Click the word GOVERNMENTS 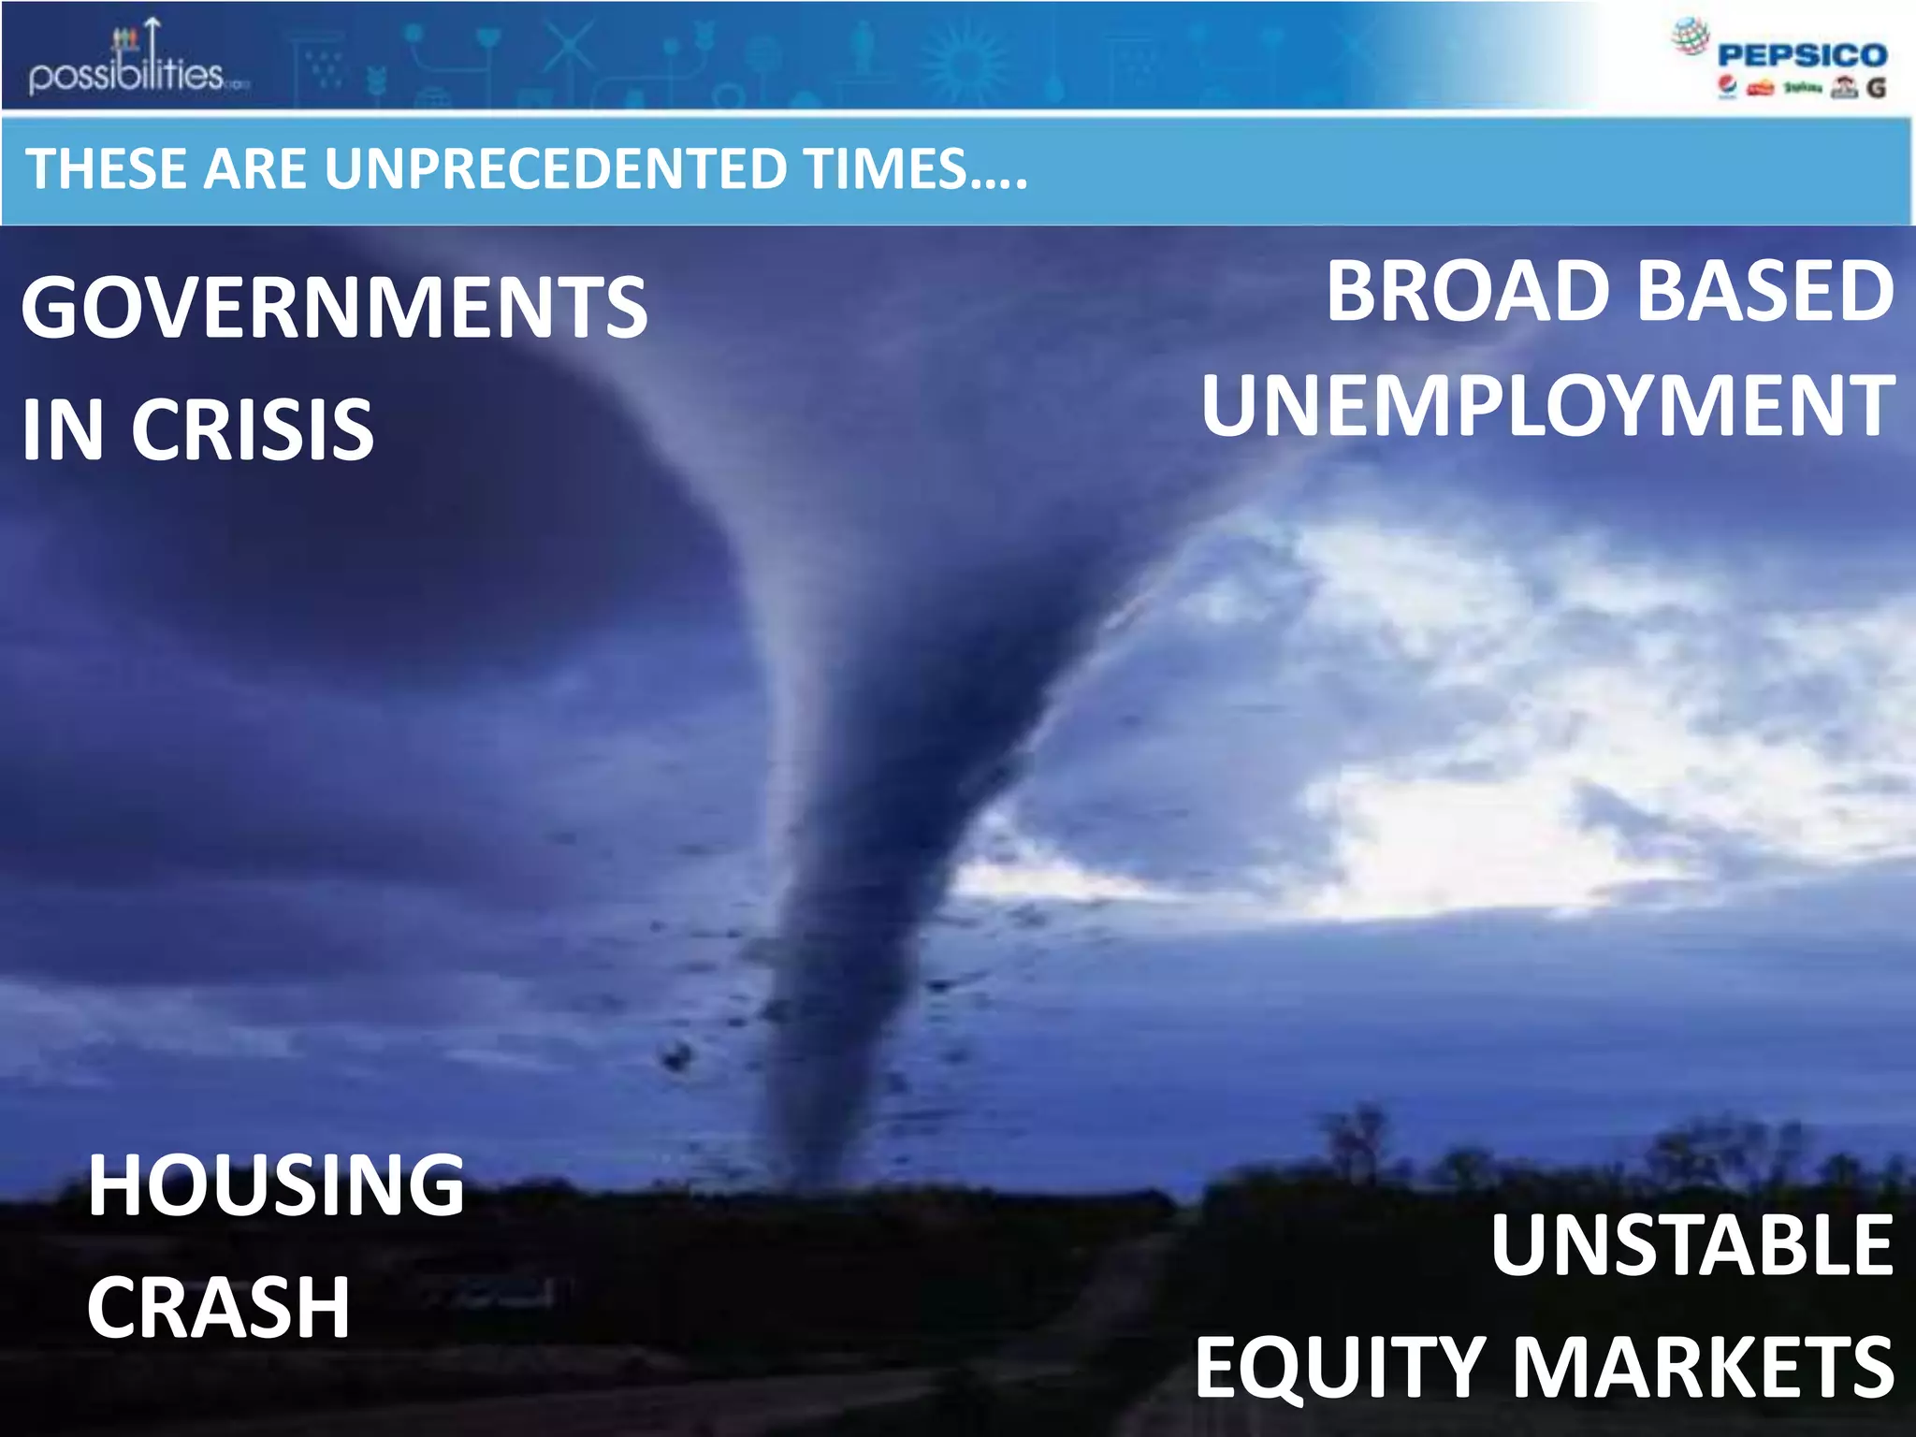[334, 308]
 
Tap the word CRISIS [253, 429]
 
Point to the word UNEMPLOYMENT [1548, 406]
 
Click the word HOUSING [276, 1185]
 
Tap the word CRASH [219, 1307]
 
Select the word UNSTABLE [1691, 1245]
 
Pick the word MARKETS [1703, 1367]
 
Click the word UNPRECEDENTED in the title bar [556, 169]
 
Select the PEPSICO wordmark [1802, 55]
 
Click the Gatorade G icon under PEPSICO [1875, 88]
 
